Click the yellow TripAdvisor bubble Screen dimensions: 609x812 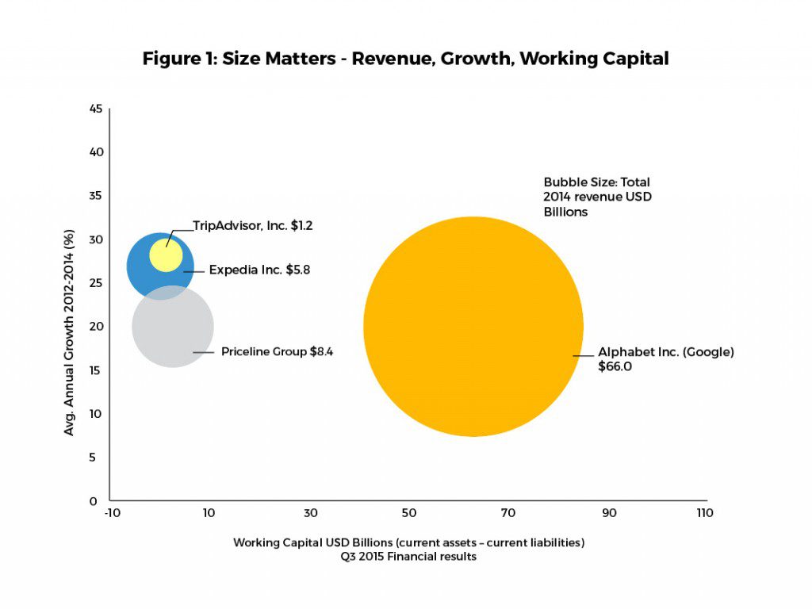166,255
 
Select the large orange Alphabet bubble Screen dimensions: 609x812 473,326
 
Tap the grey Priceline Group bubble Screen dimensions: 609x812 173,333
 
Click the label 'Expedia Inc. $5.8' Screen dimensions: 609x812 259,270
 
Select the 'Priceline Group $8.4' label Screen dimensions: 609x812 277,351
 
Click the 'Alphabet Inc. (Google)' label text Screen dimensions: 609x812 665,352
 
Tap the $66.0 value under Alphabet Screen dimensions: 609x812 615,366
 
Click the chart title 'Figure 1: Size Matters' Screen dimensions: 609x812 405,59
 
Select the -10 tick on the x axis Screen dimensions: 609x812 111,513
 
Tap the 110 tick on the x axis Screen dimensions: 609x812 703,513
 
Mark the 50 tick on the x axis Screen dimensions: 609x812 409,513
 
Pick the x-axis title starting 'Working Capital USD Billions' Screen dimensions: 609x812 408,542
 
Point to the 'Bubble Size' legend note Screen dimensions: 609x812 597,197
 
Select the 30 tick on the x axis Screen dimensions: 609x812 310,513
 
